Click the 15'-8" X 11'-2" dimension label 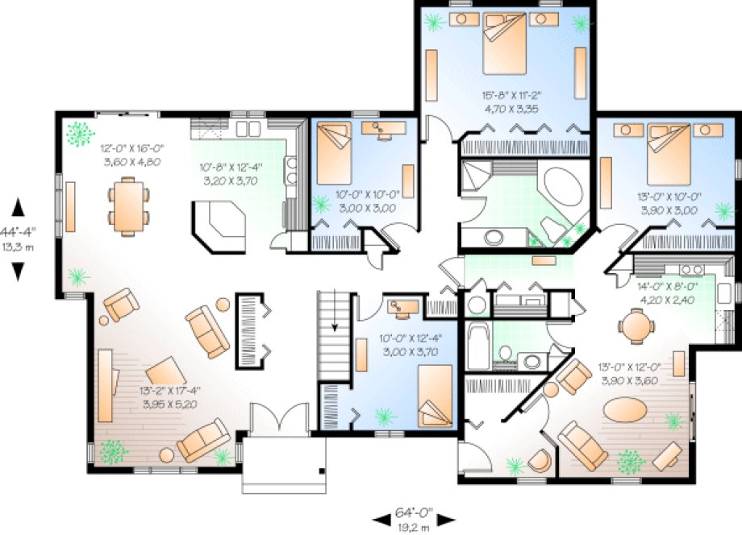505,93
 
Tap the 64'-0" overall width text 415,512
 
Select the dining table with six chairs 128,207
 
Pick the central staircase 335,334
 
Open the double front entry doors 278,421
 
